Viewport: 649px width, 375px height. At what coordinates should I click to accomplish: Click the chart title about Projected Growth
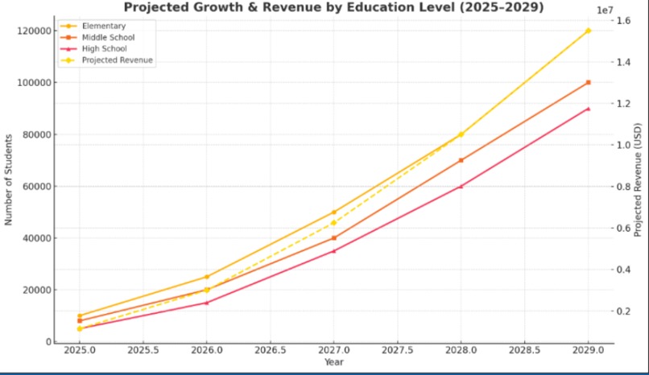[333, 7]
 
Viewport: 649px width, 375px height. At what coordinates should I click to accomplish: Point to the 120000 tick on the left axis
[33, 31]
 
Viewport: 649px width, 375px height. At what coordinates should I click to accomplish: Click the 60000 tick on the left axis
[35, 186]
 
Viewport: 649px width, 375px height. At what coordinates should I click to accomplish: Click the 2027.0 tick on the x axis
[333, 351]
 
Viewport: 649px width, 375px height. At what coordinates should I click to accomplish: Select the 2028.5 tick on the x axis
[524, 351]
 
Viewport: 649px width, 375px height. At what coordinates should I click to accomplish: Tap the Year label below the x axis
[333, 363]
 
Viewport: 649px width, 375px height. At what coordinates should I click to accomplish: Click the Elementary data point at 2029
[588, 31]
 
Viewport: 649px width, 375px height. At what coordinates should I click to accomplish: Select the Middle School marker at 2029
[588, 82]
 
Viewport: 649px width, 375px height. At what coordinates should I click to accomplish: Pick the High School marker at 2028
[461, 186]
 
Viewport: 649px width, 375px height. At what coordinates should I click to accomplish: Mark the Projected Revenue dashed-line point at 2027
[333, 223]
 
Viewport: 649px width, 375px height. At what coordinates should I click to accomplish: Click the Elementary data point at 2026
[207, 277]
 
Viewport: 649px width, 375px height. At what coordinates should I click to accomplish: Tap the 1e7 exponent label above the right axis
[606, 9]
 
